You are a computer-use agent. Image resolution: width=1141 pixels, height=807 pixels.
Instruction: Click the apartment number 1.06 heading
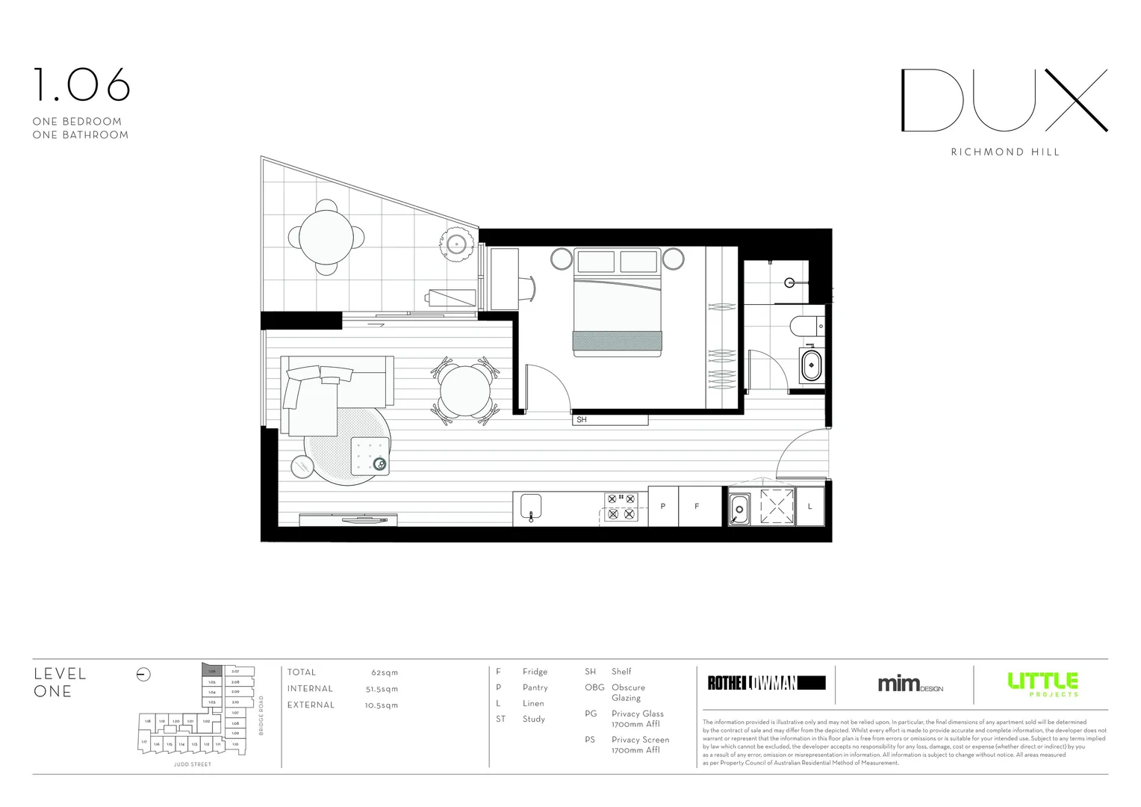81,85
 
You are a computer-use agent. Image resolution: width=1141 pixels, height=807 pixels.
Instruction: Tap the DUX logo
1004,101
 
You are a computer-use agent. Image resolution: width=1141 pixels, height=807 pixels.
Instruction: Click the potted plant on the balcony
456,243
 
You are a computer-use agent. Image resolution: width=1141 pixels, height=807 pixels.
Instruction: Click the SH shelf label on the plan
582,420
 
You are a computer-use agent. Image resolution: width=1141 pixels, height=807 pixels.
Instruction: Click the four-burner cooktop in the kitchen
621,506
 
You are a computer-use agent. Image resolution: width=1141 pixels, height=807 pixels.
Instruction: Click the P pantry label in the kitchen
663,507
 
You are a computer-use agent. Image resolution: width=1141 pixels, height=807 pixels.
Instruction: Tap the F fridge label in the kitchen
697,507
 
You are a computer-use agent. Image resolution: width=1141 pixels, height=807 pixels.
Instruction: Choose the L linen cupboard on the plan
810,507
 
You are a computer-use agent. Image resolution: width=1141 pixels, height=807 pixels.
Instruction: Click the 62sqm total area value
385,672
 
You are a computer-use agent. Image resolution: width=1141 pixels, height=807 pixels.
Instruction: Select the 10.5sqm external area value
382,705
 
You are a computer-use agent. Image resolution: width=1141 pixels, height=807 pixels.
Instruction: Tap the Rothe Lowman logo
766,682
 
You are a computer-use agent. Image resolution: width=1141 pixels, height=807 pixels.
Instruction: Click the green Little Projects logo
1042,683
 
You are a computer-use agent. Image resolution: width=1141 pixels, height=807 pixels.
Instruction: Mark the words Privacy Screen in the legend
640,740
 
